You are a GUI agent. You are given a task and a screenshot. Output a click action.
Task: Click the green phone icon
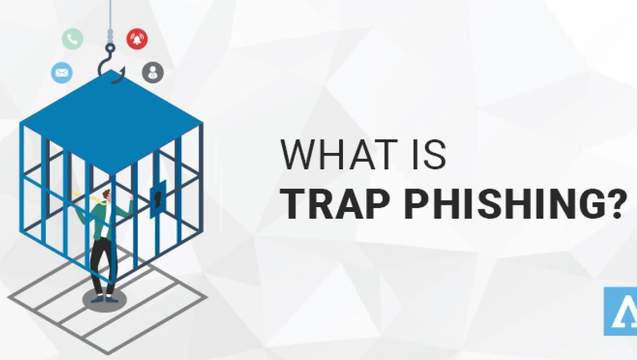click(x=72, y=39)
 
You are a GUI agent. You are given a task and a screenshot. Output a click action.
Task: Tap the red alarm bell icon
click(x=137, y=39)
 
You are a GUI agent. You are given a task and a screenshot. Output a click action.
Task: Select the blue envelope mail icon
click(x=62, y=72)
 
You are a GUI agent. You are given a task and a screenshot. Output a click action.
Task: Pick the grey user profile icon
click(x=153, y=72)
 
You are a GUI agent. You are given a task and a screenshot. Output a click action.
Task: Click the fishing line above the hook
click(x=110, y=16)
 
